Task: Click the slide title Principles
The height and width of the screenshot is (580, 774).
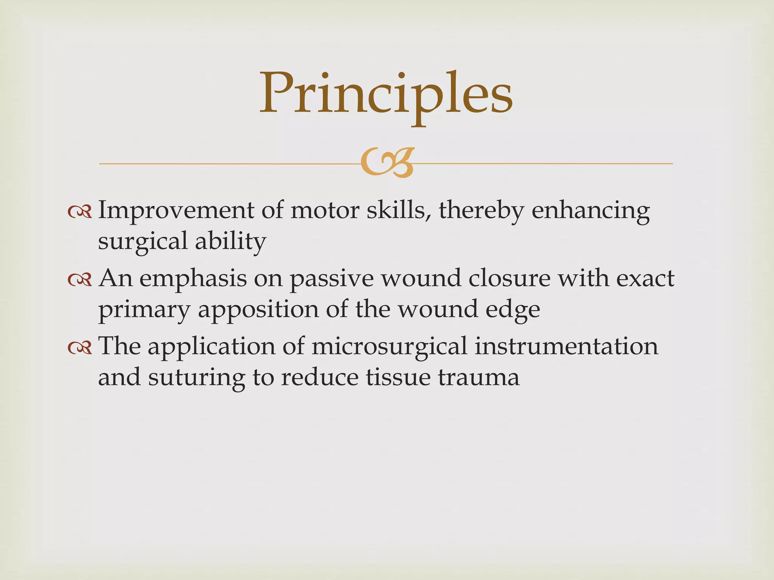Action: coord(386,94)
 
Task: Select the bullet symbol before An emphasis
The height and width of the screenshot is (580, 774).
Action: coord(80,279)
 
